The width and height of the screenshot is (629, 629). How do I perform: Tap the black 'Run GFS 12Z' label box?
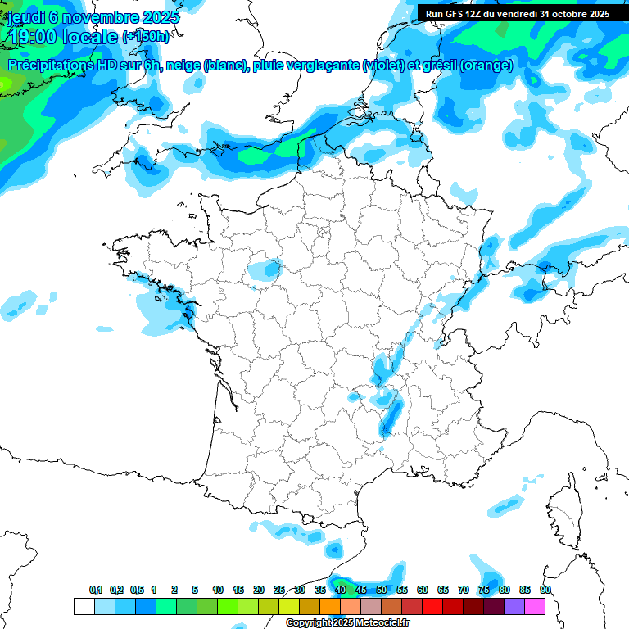click(x=517, y=14)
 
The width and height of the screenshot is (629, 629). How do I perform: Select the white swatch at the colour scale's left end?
click(x=84, y=607)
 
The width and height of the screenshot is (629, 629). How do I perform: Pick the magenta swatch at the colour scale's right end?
click(x=535, y=607)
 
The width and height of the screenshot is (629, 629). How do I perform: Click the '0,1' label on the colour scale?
click(x=96, y=590)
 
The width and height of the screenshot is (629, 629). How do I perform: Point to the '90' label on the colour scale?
click(x=545, y=590)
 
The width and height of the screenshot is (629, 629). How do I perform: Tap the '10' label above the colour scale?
click(x=218, y=590)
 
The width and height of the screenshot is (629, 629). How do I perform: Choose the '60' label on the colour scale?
click(x=423, y=590)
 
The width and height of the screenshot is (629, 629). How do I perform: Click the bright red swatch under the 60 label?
click(x=432, y=607)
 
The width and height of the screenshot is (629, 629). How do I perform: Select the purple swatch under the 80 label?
click(x=514, y=607)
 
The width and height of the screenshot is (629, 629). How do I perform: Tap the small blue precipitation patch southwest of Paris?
click(x=267, y=268)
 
